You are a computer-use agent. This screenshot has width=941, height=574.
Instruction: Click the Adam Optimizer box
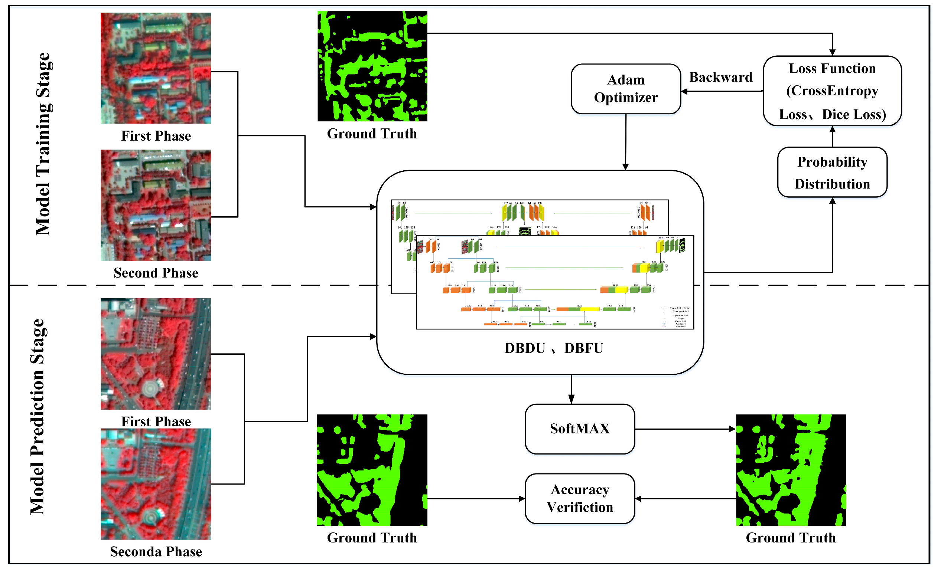coord(626,89)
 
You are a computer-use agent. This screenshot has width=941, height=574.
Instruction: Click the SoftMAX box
coord(579,429)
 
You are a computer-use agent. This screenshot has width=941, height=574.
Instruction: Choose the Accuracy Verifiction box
coord(579,498)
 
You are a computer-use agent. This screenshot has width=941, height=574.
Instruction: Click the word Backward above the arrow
coord(720,78)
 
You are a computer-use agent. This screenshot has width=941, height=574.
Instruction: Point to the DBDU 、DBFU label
coord(554,348)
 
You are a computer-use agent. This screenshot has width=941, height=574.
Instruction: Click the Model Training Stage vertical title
coord(43,144)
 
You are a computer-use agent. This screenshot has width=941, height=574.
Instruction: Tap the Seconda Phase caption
coord(156,551)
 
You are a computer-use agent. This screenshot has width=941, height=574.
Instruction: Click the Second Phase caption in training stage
coord(156,273)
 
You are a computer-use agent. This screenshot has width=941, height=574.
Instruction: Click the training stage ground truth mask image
coord(372,66)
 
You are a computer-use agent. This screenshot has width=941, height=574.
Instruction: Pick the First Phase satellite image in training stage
coord(156,68)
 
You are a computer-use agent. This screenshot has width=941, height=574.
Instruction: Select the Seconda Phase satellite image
coord(156,484)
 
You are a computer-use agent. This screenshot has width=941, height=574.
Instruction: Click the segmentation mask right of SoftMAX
coord(791,470)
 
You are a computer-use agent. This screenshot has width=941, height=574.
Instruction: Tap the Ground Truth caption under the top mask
coord(372,134)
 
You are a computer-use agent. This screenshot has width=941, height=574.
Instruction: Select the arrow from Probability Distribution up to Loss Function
coord(832,137)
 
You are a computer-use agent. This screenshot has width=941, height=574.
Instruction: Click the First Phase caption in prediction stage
coord(156,422)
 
